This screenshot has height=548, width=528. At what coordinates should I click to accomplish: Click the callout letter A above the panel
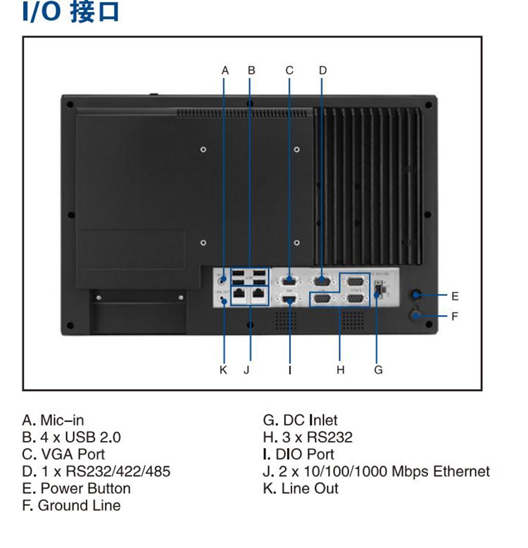pos(225,70)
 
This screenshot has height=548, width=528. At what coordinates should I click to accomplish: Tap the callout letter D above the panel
pos(322,70)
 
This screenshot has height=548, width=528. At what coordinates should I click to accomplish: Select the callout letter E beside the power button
pos(455,295)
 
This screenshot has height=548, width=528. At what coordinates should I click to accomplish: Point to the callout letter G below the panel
pos(378,369)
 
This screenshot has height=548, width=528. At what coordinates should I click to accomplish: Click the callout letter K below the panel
pos(223,369)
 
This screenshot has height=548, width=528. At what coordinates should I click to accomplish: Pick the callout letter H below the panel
pos(340,369)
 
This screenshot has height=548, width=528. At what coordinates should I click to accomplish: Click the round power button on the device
pos(417,295)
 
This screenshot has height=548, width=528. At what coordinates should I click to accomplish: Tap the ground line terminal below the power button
pos(417,316)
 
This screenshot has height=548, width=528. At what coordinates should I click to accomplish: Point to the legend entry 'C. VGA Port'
pos(63,454)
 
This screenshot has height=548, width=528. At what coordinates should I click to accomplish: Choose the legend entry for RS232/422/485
pos(96,471)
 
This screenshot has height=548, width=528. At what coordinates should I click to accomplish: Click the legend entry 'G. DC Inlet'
pos(300,421)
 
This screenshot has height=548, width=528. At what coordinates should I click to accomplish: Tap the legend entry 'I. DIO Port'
pos(298,454)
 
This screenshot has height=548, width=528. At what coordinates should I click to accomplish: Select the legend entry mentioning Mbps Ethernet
pos(376,471)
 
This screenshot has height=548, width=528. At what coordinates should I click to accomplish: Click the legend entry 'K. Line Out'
pos(301,488)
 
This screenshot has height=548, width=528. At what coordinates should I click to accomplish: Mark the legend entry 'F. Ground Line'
pos(71,505)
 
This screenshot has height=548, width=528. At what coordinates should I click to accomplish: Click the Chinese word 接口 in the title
pos(95,13)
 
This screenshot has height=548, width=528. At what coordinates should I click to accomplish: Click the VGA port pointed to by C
pos(289,279)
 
